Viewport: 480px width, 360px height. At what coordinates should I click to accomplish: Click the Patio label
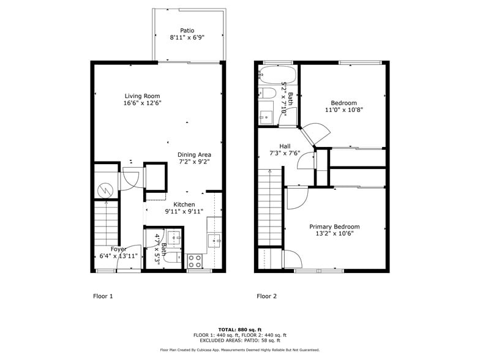[187, 30]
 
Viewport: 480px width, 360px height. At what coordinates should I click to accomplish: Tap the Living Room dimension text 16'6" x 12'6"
[142, 103]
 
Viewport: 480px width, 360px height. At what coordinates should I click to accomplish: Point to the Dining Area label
[195, 155]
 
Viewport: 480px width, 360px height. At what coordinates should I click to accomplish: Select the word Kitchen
[184, 204]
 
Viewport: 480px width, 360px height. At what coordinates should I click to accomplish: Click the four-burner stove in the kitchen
[195, 261]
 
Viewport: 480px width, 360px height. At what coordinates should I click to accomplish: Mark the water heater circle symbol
[105, 190]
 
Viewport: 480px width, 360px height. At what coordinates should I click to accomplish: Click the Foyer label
[118, 249]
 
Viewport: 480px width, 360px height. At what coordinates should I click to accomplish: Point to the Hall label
[285, 146]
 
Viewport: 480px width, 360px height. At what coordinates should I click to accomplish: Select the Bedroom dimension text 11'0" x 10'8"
[343, 110]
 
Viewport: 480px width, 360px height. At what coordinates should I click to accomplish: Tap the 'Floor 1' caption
[103, 296]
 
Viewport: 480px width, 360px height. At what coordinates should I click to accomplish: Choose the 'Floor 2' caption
[266, 296]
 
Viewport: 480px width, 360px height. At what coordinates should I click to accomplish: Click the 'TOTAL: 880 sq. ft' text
[239, 330]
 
